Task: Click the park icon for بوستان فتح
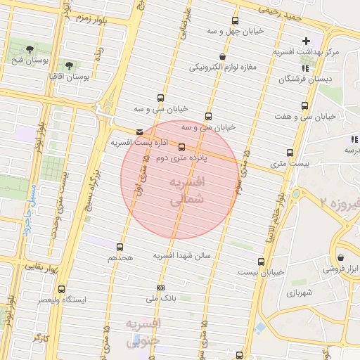click(x=30, y=49)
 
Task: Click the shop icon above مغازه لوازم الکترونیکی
click(x=223, y=57)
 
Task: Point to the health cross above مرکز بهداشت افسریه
click(x=305, y=41)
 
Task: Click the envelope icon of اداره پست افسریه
click(x=139, y=131)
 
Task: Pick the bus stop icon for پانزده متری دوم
click(x=182, y=147)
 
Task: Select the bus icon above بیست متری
click(x=290, y=153)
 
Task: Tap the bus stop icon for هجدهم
click(x=120, y=247)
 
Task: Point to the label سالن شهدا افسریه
click(x=183, y=256)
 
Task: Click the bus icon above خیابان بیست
click(x=262, y=262)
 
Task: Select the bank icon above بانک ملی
click(x=161, y=288)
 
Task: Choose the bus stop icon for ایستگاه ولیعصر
click(x=62, y=289)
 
